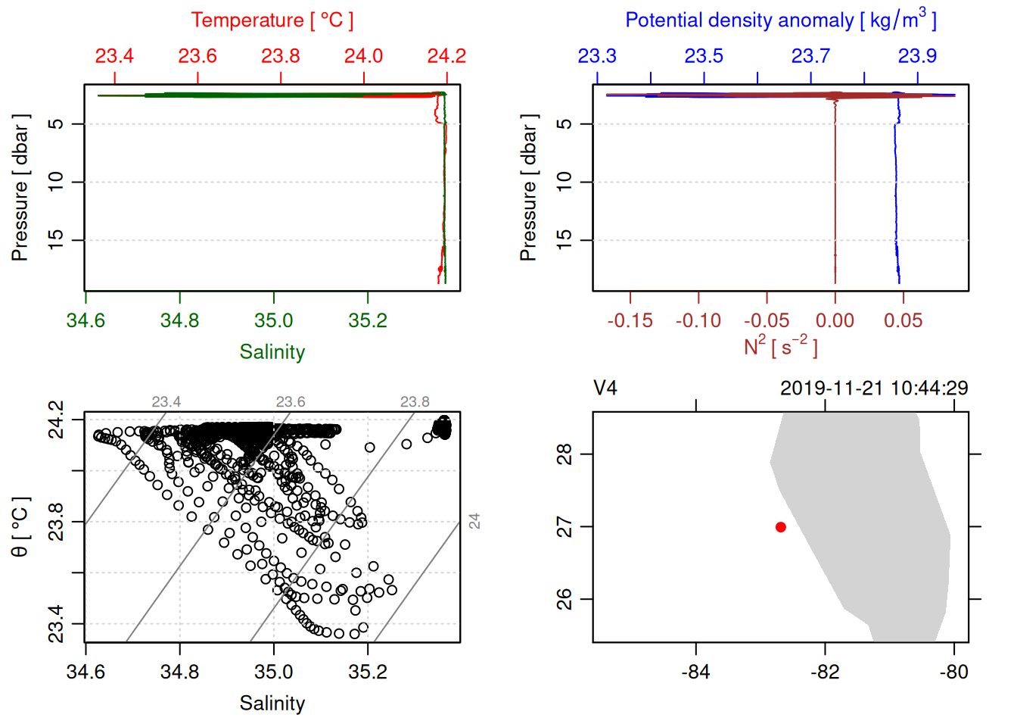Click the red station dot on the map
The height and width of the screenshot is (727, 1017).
pyautogui.click(x=781, y=527)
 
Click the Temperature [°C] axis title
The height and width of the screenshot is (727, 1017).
pyautogui.click(x=272, y=20)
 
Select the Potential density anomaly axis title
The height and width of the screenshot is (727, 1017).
pyautogui.click(x=780, y=20)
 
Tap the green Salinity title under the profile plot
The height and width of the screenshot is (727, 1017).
pyautogui.click(x=272, y=352)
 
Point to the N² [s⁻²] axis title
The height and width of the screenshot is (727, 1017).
pyautogui.click(x=780, y=346)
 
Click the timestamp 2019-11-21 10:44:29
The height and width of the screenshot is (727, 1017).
pyautogui.click(x=874, y=388)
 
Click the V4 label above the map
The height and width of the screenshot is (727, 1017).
pyautogui.click(x=605, y=388)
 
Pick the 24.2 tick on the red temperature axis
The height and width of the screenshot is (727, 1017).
pyautogui.click(x=446, y=56)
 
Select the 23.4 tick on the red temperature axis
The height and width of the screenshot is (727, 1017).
pyautogui.click(x=114, y=56)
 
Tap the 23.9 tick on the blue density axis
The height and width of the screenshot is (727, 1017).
pyautogui.click(x=917, y=56)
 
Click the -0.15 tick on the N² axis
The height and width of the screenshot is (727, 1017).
pyautogui.click(x=630, y=321)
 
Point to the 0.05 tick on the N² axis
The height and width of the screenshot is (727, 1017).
pyautogui.click(x=903, y=321)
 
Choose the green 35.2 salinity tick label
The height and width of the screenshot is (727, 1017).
pyautogui.click(x=368, y=321)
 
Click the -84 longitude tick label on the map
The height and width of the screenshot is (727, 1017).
pyautogui.click(x=695, y=672)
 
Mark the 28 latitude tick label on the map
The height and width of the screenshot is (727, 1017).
pyautogui.click(x=564, y=454)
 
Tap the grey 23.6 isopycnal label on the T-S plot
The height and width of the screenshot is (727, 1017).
pyautogui.click(x=291, y=402)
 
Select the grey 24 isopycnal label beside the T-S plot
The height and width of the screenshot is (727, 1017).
pyautogui.click(x=474, y=521)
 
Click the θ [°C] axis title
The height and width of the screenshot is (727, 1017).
pyautogui.click(x=20, y=527)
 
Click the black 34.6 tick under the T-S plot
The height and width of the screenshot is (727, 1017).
pyautogui.click(x=86, y=672)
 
